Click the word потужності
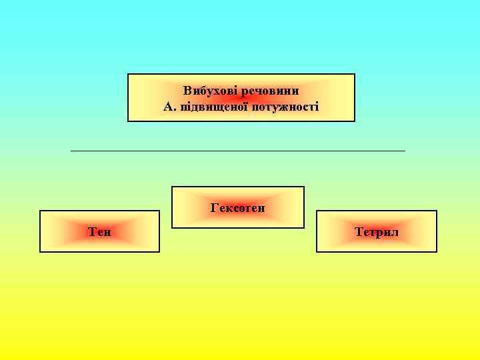pos(285,106)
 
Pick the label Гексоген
pos(238,208)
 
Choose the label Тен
pos(99,232)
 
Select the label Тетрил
pos(377,232)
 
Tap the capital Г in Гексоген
pos(214,208)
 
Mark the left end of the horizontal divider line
pos(71,151)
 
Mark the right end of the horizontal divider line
pos(405,151)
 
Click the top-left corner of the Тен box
pos(40,211)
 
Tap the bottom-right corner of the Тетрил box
pos(437,251)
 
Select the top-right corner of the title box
pos(355,74)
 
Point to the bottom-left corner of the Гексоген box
pos(172,228)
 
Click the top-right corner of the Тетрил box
pos(437,211)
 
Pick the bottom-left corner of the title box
pos(128,121)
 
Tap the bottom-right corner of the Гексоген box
pos(304,228)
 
